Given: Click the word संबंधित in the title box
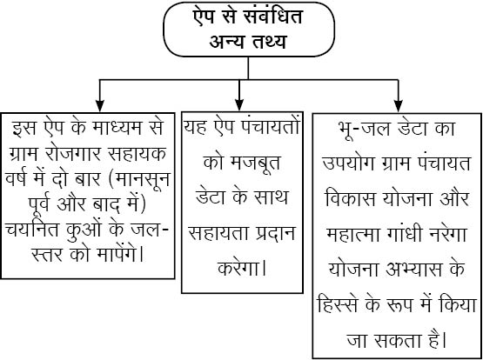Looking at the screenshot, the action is click(272, 17).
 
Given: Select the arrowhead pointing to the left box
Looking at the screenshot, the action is click(99, 106).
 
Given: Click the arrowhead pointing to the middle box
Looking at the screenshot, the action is click(239, 105).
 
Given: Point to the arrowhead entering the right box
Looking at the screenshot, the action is click(399, 106).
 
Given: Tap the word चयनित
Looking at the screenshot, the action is click(31, 230).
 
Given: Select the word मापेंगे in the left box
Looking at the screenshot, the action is click(120, 255).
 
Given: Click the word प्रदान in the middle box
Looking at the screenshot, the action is click(276, 233).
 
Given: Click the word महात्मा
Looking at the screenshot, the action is click(347, 235).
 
